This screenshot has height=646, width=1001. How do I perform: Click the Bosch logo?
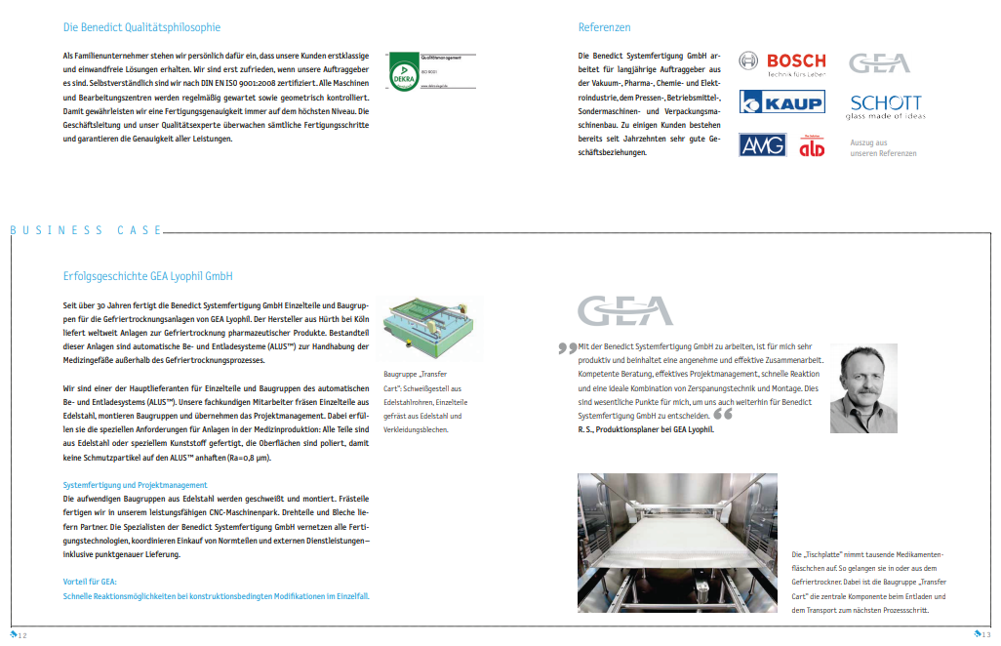click(781, 64)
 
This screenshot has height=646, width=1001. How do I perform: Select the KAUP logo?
click(781, 101)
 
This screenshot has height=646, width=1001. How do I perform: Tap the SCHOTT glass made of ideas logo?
click(885, 106)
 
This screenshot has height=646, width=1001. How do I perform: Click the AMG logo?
click(762, 145)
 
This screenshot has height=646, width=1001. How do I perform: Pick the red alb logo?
click(812, 146)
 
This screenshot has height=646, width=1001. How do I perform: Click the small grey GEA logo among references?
click(879, 63)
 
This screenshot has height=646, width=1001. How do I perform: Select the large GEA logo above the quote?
click(625, 311)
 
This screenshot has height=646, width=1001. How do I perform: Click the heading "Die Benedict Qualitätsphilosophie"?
click(141, 27)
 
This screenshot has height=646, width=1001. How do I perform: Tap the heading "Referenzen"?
click(604, 27)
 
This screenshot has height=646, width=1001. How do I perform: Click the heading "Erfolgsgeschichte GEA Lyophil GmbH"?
click(147, 277)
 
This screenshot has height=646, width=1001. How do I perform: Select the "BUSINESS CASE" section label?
click(85, 230)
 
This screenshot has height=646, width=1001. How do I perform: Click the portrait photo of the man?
click(863, 387)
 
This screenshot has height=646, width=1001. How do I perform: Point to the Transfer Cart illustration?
click(426, 331)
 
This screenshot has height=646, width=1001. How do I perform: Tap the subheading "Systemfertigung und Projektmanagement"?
click(135, 485)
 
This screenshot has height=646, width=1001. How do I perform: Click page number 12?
click(20, 635)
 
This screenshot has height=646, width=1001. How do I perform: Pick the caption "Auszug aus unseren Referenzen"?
click(883, 148)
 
